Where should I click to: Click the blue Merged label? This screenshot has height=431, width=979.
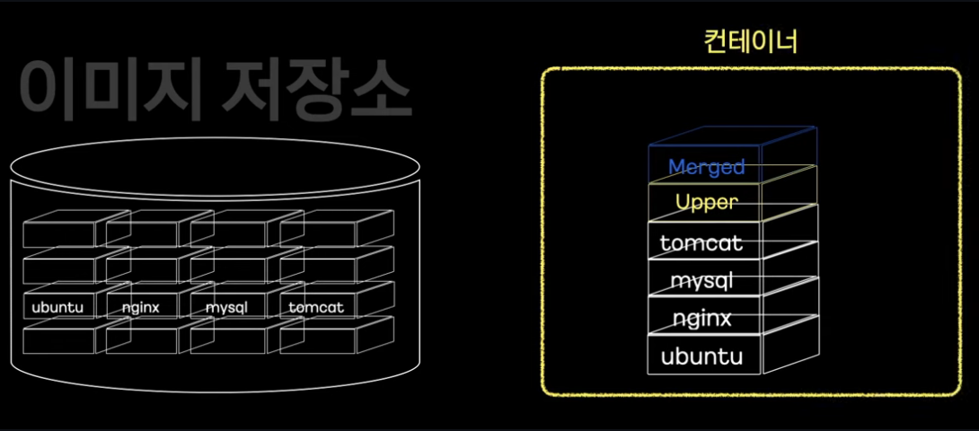(707, 167)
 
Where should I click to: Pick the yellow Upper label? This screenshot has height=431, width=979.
(706, 203)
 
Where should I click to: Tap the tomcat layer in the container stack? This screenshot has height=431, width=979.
(701, 243)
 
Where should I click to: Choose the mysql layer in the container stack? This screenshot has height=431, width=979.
(702, 281)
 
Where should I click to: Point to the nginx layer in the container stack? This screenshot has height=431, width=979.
(701, 319)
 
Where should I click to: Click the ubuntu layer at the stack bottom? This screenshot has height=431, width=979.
(701, 356)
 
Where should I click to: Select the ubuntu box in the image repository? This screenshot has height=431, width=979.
(57, 308)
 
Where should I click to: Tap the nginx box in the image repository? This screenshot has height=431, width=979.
(141, 308)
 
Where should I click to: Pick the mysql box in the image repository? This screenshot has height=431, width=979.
(226, 308)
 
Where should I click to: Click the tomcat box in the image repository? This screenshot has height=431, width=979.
(316, 308)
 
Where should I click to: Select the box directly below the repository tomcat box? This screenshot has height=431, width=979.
(316, 340)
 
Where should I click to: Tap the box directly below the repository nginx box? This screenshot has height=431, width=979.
(141, 340)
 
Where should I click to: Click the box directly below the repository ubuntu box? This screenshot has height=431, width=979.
(57, 340)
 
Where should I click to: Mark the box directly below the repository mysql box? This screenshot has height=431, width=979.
(226, 340)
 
